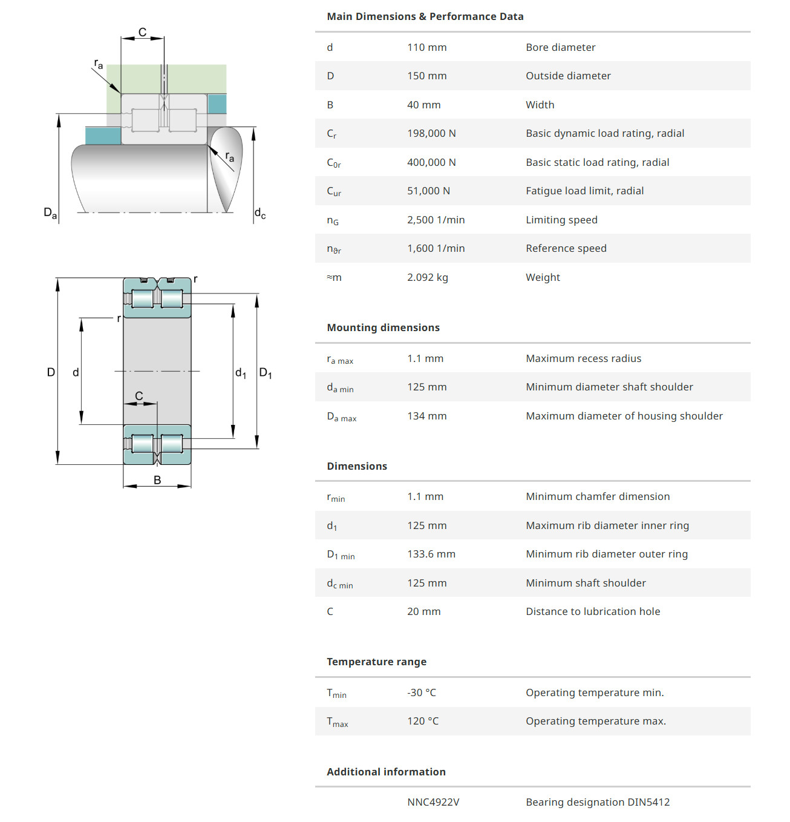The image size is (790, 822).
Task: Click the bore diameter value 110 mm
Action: point(426,47)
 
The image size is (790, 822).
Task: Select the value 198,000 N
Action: point(431,133)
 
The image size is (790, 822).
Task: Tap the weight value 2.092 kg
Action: point(427,277)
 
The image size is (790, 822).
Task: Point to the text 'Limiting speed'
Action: point(561,220)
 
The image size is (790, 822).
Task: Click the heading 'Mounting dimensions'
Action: point(383,327)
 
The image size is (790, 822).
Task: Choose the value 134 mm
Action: point(426,416)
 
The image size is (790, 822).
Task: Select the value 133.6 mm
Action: point(431,554)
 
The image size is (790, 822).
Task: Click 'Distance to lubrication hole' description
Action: point(593,611)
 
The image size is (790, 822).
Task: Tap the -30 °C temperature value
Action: point(421,692)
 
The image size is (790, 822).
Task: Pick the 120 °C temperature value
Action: point(423,721)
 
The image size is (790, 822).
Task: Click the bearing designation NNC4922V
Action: point(433,802)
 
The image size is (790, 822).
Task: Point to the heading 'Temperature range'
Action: point(376,662)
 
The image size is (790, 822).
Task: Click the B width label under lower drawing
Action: point(157,480)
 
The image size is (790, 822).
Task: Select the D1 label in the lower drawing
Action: point(266,373)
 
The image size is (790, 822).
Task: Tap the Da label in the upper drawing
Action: point(50,212)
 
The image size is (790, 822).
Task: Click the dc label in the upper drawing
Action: point(260,213)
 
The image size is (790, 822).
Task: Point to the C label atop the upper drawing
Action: point(142,32)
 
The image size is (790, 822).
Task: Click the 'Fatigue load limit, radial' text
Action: point(584,191)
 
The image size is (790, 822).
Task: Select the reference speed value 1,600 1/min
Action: point(436,248)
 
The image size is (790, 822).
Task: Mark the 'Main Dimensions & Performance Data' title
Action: point(425,16)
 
